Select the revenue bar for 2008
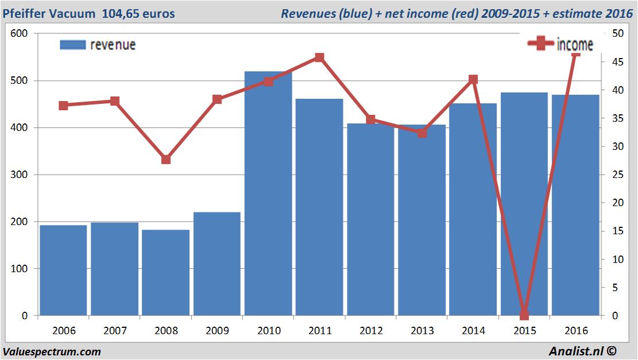tap(165, 272)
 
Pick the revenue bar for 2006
tap(63, 270)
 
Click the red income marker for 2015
tap(524, 315)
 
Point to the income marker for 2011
tap(319, 57)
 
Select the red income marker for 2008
tap(166, 159)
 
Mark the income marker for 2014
tap(473, 79)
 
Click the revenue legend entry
tap(98, 45)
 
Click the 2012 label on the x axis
tap(370, 331)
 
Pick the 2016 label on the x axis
tap(575, 331)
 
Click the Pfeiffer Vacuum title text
tap(49, 13)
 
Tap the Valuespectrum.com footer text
tap(52, 351)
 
